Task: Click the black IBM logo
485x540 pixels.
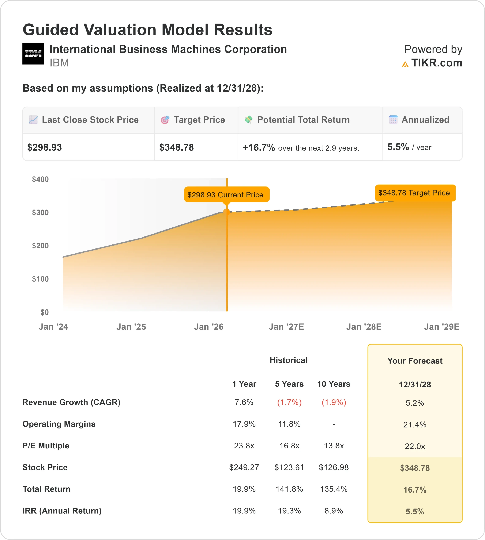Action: click(x=33, y=54)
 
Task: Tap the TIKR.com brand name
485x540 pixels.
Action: click(x=436, y=63)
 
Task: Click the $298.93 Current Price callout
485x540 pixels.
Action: click(x=226, y=194)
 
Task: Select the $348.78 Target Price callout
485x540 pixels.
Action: click(x=415, y=193)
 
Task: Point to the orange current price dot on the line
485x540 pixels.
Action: click(x=226, y=212)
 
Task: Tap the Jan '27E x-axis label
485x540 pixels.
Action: click(x=286, y=327)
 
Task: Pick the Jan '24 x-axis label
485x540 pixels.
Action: click(x=53, y=327)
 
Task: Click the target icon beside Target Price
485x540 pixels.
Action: click(x=165, y=120)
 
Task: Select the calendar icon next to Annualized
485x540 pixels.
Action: click(x=393, y=120)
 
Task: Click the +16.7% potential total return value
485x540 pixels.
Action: click(x=259, y=147)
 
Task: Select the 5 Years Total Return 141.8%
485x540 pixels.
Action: click(x=289, y=489)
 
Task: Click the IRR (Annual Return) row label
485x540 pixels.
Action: click(x=62, y=511)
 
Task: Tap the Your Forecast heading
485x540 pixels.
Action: click(x=415, y=361)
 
